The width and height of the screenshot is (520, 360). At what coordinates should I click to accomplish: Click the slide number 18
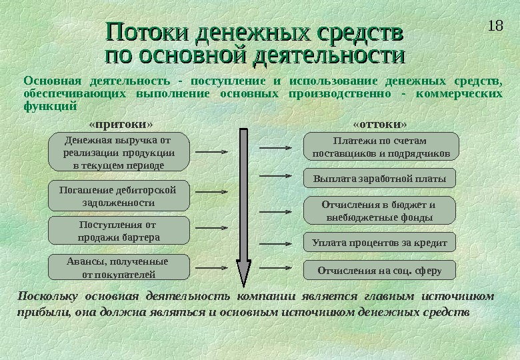pyautogui.click(x=495, y=27)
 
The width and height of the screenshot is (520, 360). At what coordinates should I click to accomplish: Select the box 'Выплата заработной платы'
pyautogui.click(x=379, y=178)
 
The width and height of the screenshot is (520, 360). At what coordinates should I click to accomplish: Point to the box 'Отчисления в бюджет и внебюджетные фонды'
pyautogui.click(x=379, y=211)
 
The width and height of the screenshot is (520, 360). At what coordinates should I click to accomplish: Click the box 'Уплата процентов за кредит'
pyautogui.click(x=379, y=241)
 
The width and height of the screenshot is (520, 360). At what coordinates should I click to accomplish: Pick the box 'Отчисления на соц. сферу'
pyautogui.click(x=379, y=270)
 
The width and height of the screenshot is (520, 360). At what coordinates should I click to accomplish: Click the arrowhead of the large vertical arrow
pyautogui.click(x=243, y=273)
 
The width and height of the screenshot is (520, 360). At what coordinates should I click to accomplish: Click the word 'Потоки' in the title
pyautogui.click(x=144, y=31)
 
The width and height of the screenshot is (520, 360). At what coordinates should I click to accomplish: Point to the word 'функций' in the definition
pyautogui.click(x=51, y=105)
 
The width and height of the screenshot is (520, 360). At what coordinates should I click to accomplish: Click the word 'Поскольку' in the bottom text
pyautogui.click(x=45, y=296)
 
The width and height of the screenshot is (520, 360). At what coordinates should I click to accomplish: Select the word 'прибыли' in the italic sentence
pyautogui.click(x=37, y=311)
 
